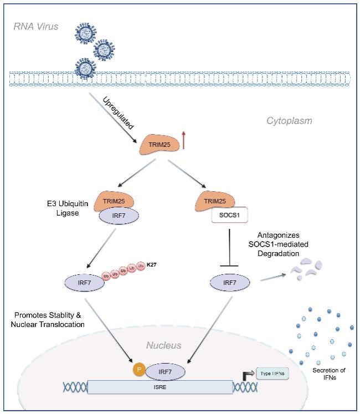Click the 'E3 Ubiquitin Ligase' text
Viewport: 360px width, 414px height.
64,209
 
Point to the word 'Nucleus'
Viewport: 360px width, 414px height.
163,345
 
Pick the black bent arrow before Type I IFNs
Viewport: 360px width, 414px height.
244,375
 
